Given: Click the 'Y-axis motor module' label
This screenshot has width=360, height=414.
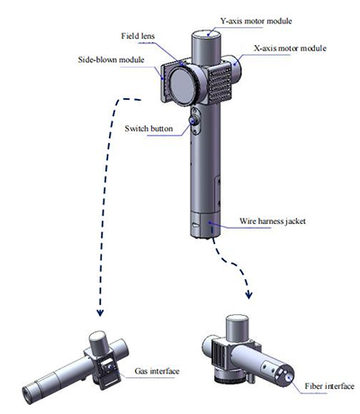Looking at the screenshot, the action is (256, 21).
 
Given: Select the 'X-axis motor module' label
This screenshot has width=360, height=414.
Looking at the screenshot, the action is (290, 49).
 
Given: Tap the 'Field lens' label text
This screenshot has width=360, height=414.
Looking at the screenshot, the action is (138, 36).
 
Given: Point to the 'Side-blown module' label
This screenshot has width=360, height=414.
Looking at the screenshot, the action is (111, 59).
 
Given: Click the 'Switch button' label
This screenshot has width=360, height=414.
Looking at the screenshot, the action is (148, 129).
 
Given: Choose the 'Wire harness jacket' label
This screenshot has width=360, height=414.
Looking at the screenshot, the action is (273, 221).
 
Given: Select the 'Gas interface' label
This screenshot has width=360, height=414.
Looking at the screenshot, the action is (157, 371).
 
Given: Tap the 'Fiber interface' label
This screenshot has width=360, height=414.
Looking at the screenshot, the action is (329, 386).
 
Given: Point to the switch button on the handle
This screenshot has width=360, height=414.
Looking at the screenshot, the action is (193, 121).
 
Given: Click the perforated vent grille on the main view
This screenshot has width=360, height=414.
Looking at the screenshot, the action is (220, 83).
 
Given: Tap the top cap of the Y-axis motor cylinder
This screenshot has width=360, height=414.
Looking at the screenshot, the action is (206, 34).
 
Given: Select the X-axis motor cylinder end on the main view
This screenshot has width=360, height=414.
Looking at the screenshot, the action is (237, 67).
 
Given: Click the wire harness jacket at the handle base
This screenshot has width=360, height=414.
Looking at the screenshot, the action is (206, 224).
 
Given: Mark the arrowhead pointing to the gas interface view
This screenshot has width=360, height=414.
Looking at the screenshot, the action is (100, 312).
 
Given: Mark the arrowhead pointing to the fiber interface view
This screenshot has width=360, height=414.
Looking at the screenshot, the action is (248, 294).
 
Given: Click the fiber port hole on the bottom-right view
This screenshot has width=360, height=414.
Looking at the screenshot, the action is (289, 376).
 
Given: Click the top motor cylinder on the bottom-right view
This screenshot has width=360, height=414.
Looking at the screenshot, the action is (238, 328).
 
